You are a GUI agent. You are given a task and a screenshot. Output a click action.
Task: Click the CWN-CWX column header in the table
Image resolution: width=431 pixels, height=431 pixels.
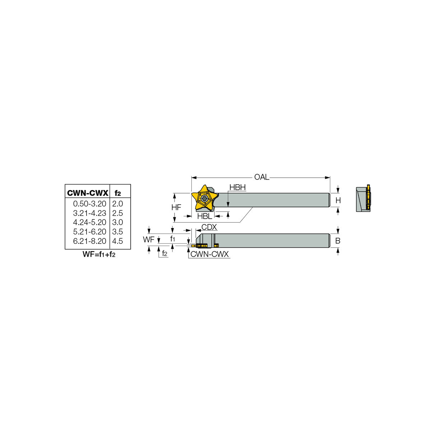(87, 193)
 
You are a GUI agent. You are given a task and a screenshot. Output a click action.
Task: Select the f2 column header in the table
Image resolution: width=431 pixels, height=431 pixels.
(118, 193)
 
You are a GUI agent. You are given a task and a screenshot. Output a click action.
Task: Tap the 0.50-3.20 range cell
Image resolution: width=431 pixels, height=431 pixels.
(89, 204)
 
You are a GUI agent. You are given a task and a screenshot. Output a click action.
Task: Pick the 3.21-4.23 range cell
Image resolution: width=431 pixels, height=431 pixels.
(89, 213)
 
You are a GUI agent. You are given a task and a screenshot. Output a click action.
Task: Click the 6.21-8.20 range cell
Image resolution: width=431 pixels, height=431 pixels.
(89, 241)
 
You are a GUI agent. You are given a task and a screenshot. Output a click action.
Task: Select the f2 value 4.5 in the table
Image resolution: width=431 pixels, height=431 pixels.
(118, 241)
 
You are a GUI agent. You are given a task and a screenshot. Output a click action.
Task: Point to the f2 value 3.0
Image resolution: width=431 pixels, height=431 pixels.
(118, 222)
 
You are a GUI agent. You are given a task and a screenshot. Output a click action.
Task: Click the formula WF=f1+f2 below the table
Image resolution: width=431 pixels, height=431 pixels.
(99, 254)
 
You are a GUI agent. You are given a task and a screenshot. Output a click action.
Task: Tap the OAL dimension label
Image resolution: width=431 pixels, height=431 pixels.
(262, 177)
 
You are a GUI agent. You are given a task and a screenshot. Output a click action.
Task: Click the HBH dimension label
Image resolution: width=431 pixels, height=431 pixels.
(237, 187)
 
